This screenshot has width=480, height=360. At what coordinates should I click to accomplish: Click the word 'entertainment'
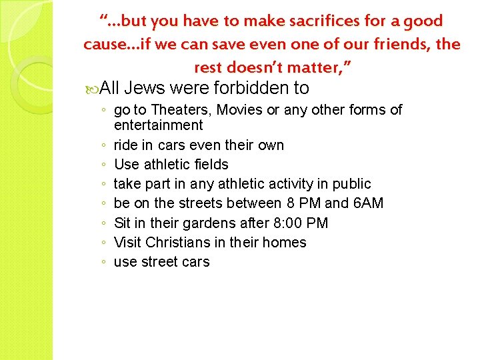pos(158,125)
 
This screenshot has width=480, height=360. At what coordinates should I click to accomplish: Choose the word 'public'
pos(351,183)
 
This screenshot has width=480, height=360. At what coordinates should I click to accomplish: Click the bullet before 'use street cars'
pos(101,263)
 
